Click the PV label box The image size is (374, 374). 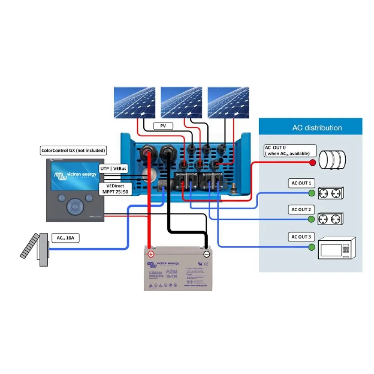point(163,125)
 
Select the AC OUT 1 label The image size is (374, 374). point(301,183)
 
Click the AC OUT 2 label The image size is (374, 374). point(301,210)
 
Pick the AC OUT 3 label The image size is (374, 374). point(301,237)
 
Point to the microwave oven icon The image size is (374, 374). point(337,248)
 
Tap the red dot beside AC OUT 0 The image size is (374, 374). point(312,162)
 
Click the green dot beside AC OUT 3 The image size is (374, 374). point(311,248)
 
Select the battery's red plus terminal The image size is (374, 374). point(151,254)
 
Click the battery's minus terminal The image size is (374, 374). point(207,254)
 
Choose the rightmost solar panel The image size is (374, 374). point(228,103)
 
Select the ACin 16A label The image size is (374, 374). point(65,238)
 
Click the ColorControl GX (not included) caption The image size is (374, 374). point(73,150)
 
